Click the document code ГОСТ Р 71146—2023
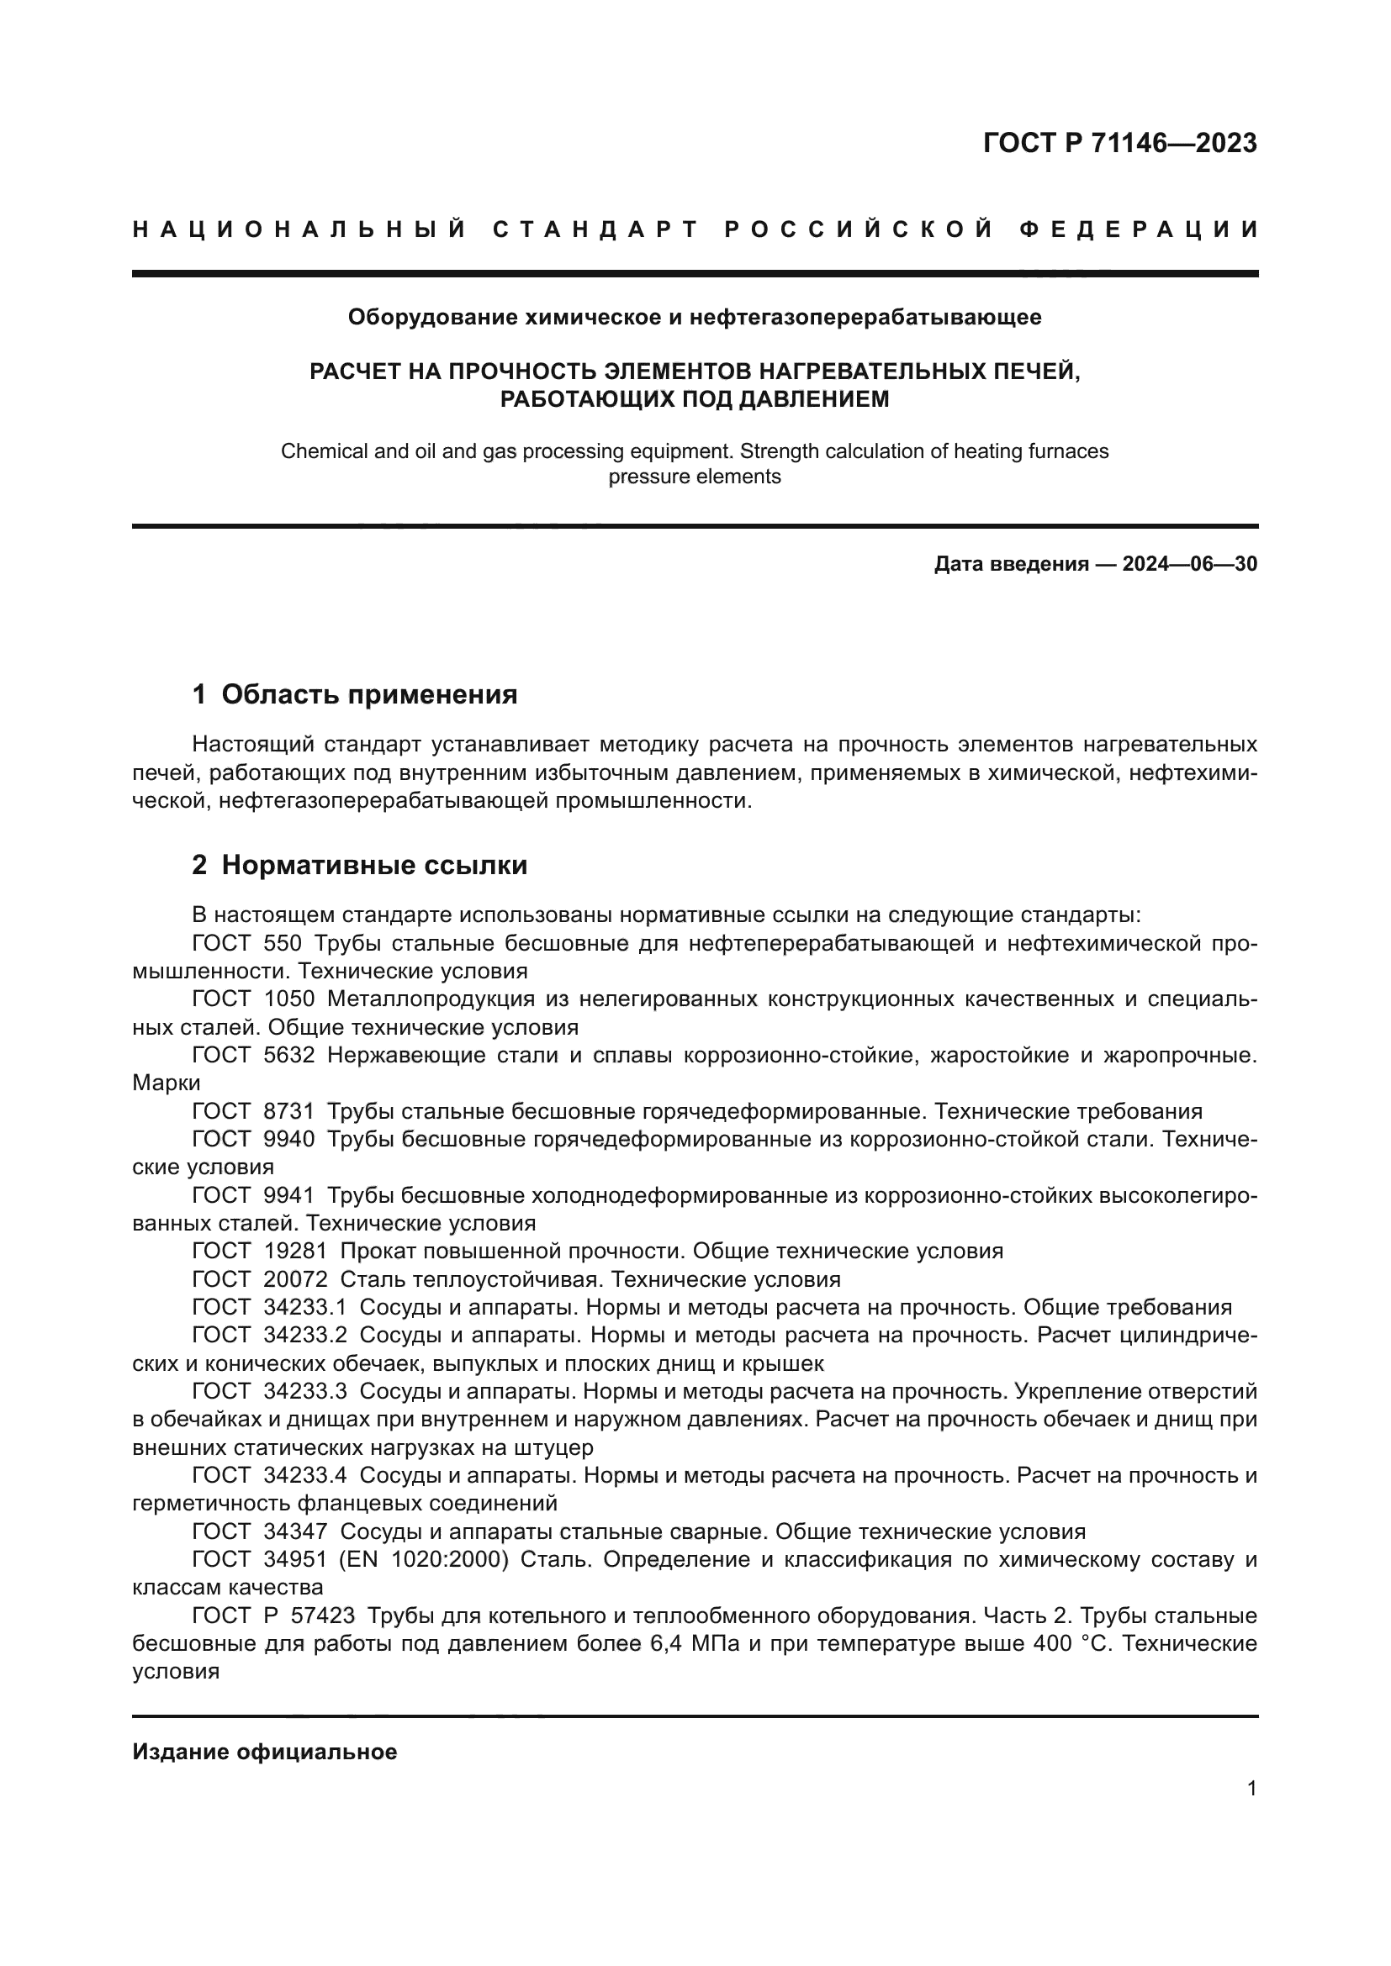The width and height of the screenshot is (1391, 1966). click(x=1119, y=143)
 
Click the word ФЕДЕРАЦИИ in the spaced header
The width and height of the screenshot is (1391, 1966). click(x=1139, y=229)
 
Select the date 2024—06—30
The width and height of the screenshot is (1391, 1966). click(x=1190, y=564)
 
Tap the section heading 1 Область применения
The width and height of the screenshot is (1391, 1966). click(x=355, y=693)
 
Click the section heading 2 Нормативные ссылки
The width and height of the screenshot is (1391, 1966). click(x=360, y=865)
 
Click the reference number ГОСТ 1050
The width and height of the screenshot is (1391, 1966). click(x=253, y=999)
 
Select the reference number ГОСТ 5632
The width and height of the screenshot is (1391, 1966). click(x=253, y=1056)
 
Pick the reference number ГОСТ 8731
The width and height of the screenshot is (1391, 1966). click(x=253, y=1111)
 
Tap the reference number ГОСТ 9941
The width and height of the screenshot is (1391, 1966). click(x=253, y=1195)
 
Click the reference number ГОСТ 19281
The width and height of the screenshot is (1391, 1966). click(x=260, y=1251)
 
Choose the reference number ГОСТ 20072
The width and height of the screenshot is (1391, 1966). click(x=260, y=1279)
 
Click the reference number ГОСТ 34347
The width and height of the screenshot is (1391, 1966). click(x=260, y=1532)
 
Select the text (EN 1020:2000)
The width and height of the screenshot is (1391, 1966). click(x=424, y=1559)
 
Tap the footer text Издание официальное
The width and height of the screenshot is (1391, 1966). click(x=265, y=1752)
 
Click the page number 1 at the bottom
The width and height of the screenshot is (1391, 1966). click(x=1252, y=1788)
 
